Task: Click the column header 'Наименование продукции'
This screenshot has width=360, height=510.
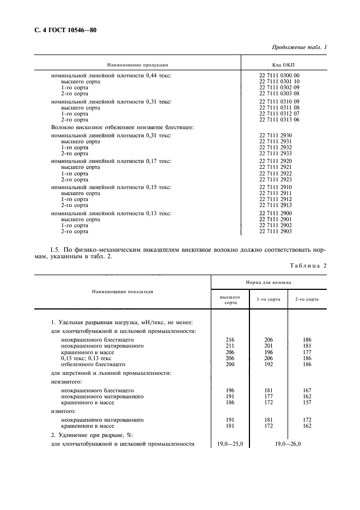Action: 137,64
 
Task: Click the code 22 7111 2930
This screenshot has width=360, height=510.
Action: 276,134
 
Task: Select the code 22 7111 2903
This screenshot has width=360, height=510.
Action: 276,232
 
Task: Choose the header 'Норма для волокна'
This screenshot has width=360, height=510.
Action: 269,283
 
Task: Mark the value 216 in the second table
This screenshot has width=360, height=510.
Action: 229,339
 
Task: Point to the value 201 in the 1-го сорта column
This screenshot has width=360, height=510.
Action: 268,345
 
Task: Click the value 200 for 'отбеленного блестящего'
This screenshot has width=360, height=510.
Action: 229,363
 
